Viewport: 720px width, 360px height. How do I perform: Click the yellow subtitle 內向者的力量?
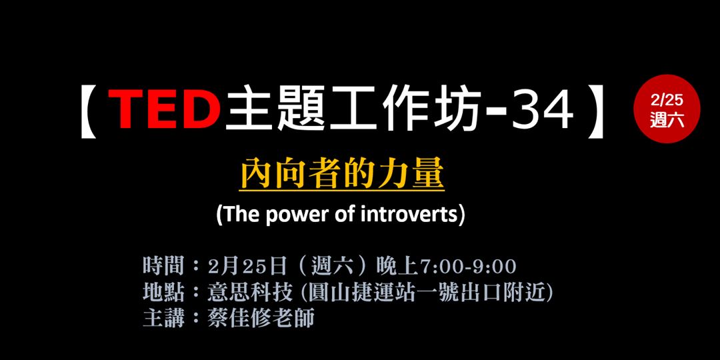(x=342, y=175)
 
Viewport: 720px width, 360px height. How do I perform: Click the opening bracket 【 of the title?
(x=91, y=110)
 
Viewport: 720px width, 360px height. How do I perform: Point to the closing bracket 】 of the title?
(x=595, y=110)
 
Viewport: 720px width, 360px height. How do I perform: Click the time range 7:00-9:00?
(x=467, y=267)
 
